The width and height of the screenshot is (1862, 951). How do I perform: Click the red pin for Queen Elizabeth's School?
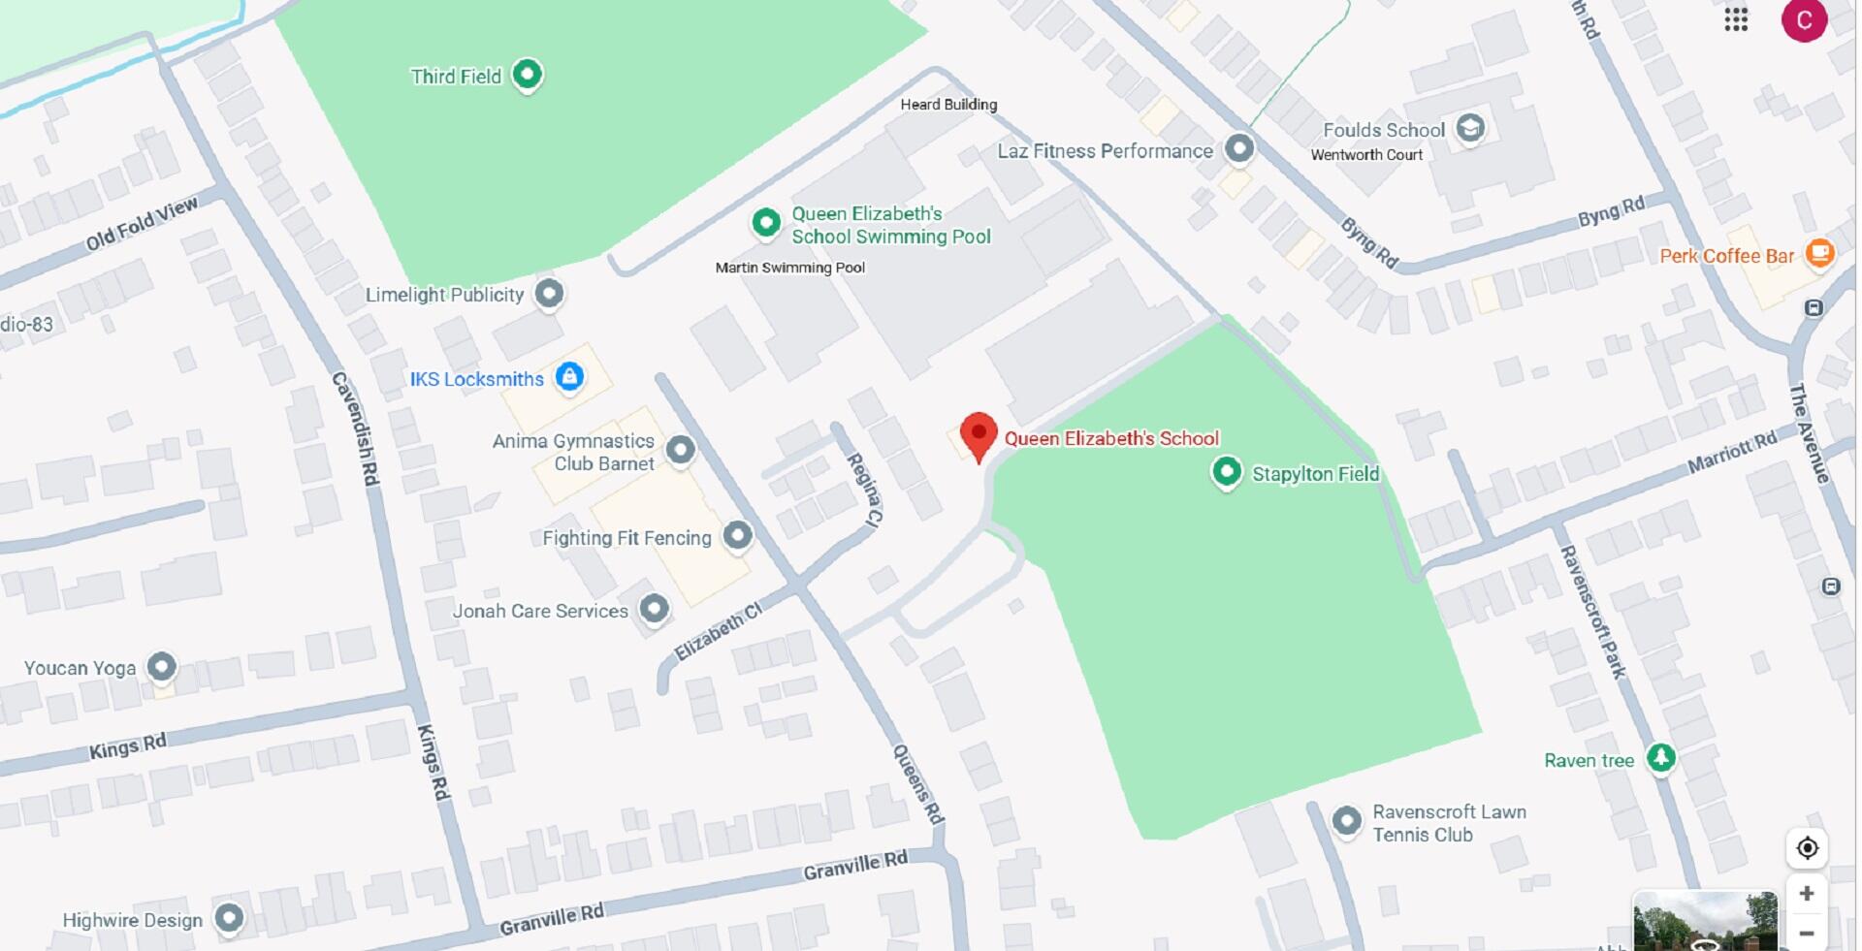[979, 434]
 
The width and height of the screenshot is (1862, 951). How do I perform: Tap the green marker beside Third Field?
[527, 74]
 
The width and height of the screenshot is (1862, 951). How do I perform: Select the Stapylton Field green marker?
[1227, 472]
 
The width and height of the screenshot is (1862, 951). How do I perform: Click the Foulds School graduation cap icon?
[1470, 128]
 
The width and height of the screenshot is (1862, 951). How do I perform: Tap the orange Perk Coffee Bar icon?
[1820, 253]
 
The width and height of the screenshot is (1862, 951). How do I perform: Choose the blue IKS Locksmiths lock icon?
[569, 376]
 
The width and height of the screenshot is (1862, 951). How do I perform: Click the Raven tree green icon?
[1661, 757]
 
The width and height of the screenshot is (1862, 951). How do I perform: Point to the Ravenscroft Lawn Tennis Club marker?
[1346, 820]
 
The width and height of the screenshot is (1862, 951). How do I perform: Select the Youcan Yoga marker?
[162, 667]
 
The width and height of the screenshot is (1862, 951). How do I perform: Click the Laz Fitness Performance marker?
[1239, 148]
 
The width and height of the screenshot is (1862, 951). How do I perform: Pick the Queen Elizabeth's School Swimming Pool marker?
[766, 222]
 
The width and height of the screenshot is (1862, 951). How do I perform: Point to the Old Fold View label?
[142, 223]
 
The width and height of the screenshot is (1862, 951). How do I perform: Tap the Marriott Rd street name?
[1732, 452]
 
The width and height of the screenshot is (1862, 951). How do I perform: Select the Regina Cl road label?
[864, 490]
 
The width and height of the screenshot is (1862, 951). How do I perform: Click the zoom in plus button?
[1807, 893]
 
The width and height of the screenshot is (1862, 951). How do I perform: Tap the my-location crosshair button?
[1807, 848]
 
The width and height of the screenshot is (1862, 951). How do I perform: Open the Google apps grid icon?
[1736, 20]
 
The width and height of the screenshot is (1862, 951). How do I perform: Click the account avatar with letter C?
[1804, 20]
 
